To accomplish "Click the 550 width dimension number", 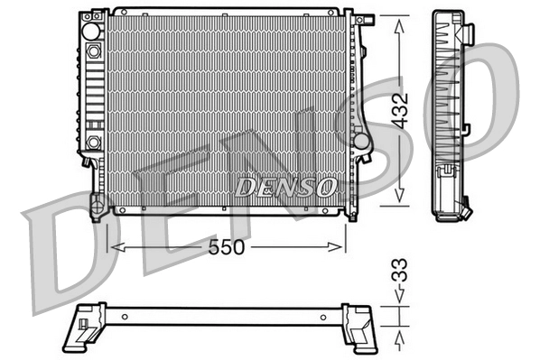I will point(227,247).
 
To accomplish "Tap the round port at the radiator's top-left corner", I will point(90,31).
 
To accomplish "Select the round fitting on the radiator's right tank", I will point(360,141).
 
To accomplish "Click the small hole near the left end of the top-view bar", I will point(124,316).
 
